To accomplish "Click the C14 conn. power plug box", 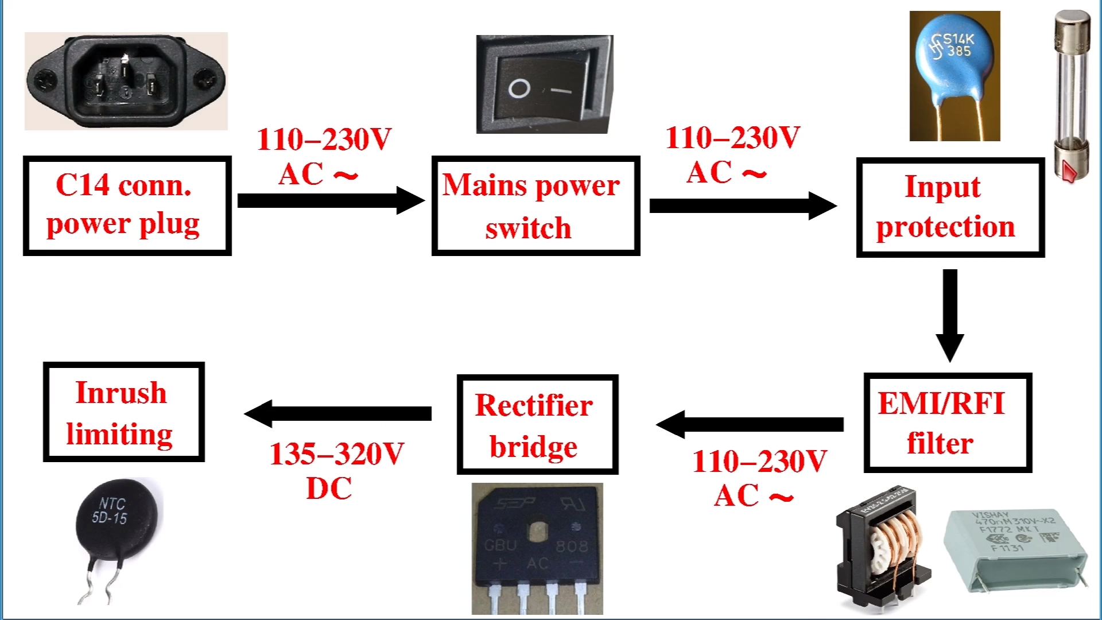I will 127,205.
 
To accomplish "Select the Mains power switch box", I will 536,206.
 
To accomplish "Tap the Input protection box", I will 950,207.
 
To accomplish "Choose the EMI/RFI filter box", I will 948,423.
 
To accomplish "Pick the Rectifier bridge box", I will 537,425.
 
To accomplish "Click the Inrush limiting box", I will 124,412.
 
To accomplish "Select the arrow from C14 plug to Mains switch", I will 331,200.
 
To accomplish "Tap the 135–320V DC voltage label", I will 337,471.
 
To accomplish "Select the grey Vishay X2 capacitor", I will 1015,548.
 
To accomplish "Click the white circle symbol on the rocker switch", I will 519,89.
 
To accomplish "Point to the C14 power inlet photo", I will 126,80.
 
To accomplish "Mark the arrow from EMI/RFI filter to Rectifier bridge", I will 750,424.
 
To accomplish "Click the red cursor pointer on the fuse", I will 1069,171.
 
